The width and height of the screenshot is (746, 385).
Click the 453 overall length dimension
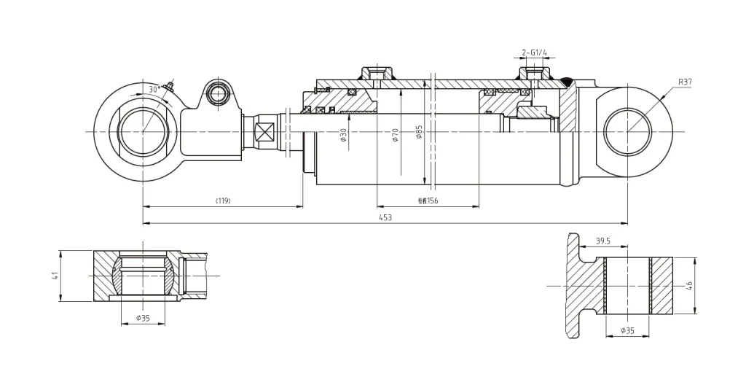point(385,217)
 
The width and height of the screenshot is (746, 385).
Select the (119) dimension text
point(223,201)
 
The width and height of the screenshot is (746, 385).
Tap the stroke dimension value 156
point(428,201)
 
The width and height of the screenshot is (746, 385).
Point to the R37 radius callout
point(685,82)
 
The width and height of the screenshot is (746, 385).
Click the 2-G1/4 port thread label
point(534,52)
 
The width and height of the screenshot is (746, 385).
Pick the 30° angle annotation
point(154,90)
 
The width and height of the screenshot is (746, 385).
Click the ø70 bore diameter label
point(395,135)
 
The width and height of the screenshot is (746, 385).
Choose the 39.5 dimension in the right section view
point(602,241)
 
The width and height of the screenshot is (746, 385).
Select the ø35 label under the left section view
point(142,318)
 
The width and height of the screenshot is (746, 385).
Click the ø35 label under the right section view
point(627,330)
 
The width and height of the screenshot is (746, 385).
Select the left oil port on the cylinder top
point(377,74)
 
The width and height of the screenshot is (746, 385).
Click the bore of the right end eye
point(627,132)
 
